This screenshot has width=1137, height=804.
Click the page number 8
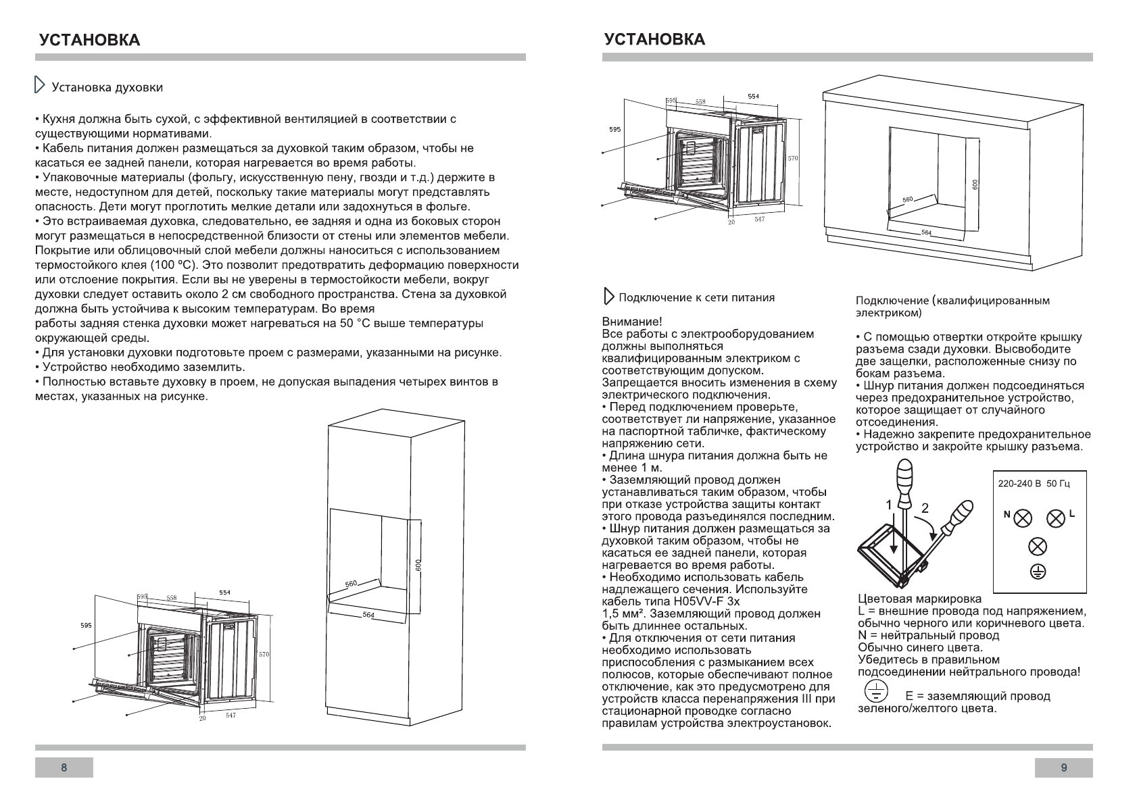coord(64,768)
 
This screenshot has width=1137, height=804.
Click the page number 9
coord(1064,768)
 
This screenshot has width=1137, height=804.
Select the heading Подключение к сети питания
coord(696,298)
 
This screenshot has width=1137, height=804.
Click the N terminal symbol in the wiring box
coord(1023,518)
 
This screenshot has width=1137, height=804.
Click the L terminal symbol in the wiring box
coord(1056,518)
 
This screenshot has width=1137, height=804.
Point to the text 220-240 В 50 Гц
coord(1034,484)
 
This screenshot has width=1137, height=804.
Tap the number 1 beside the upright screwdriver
coord(890,504)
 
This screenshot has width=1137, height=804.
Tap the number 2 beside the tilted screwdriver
coord(925,508)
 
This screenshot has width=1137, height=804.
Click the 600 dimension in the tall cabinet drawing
coord(418,566)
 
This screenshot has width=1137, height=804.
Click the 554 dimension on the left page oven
coord(224,593)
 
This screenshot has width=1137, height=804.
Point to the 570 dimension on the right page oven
coord(793,158)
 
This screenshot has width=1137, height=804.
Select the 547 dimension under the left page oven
coord(231,715)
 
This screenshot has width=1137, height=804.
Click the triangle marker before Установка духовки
coord(40,86)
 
